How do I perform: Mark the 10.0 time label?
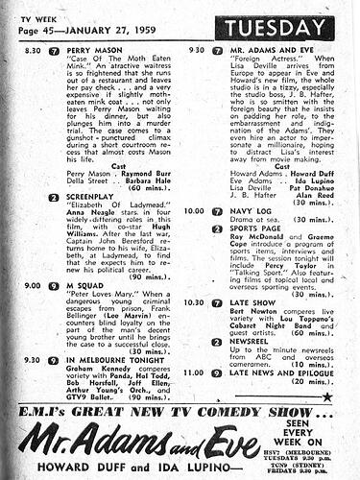tap(192, 210)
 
